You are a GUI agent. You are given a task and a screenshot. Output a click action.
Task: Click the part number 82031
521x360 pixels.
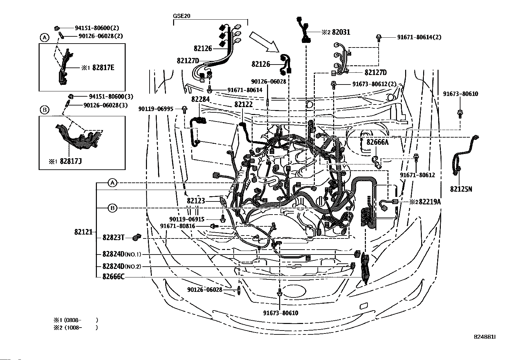[341, 32]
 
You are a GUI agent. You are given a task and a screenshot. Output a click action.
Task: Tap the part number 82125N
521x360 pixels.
[461, 189]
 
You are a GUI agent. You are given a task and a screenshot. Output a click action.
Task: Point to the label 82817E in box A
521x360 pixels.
[103, 68]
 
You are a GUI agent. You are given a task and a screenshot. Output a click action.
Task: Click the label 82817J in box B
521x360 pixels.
[70, 161]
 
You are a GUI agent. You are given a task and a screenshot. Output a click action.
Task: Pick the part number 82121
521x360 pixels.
[83, 232]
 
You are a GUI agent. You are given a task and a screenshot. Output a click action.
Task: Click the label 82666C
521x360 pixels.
[113, 277]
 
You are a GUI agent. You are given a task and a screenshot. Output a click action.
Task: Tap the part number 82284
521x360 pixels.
[200, 99]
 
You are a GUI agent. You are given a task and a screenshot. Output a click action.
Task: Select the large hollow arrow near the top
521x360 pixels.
[263, 42]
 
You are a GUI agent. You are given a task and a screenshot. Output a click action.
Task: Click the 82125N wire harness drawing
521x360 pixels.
[462, 154]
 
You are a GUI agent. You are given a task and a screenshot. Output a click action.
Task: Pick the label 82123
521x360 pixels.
[196, 200]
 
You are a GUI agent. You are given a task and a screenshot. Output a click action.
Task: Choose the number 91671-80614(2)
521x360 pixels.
[419, 37]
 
